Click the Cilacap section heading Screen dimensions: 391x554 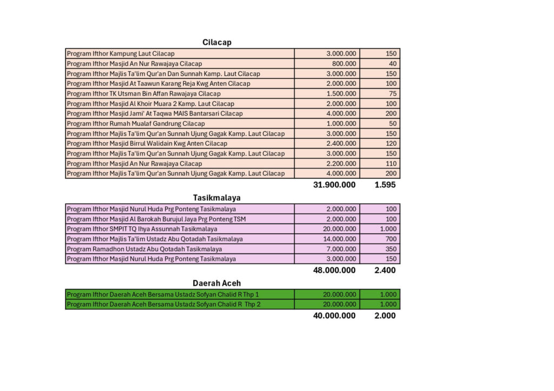pyautogui.click(x=217, y=42)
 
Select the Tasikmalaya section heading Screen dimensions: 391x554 pyautogui.click(x=217, y=198)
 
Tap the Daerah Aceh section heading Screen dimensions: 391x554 pyautogui.click(x=217, y=283)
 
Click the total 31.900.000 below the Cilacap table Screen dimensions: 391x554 pyautogui.click(x=334, y=185)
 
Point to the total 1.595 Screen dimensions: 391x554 pyautogui.click(x=385, y=185)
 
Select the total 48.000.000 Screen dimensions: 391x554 pyautogui.click(x=334, y=270)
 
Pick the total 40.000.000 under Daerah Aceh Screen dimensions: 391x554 pyautogui.click(x=334, y=315)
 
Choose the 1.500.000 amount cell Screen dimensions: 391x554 pyautogui.click(x=341, y=93)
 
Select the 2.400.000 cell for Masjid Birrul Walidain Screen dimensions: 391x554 pyautogui.click(x=341, y=144)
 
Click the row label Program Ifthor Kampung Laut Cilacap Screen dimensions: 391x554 pyautogui.click(x=121, y=53)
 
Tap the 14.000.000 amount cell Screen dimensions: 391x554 pyautogui.click(x=339, y=239)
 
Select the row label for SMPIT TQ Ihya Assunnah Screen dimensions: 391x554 pyautogui.click(x=142, y=229)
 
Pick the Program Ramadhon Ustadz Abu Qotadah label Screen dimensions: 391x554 pyautogui.click(x=144, y=249)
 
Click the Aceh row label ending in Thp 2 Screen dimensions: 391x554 pyautogui.click(x=163, y=305)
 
